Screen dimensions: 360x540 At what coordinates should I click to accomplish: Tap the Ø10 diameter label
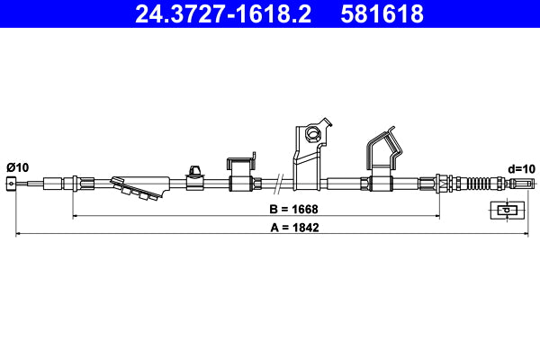tap(17, 167)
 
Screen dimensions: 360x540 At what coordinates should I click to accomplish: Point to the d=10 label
tap(521, 167)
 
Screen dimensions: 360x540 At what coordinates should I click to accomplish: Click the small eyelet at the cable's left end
tap(11, 184)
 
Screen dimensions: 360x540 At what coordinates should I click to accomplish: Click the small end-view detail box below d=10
tap(508, 211)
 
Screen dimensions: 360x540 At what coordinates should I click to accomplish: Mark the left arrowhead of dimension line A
tap(19, 235)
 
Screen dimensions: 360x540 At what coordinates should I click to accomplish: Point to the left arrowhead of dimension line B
tap(75, 216)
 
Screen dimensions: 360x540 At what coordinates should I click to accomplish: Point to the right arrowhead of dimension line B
tap(436, 216)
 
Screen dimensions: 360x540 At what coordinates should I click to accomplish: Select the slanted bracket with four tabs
tap(136, 186)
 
